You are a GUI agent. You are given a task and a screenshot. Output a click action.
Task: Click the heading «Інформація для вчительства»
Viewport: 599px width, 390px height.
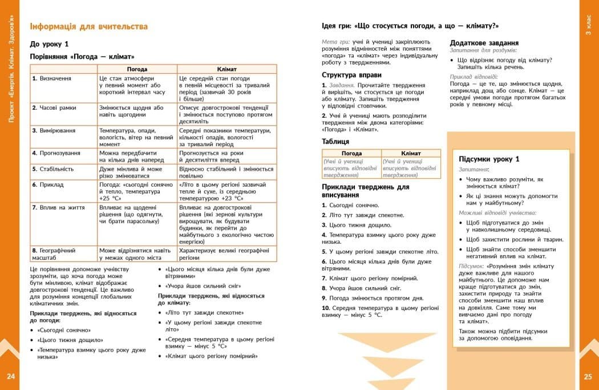click(x=88, y=26)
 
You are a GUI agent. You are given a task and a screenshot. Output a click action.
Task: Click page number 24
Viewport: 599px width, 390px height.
click(x=11, y=376)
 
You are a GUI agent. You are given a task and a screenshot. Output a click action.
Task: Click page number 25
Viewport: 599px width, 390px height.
click(x=588, y=376)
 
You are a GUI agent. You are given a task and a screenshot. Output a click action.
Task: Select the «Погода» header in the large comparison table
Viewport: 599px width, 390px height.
click(x=137, y=69)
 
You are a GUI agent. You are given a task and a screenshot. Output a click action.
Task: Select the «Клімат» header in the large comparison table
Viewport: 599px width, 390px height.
click(x=226, y=69)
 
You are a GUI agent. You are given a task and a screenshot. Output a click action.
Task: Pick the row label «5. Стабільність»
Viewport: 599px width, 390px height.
click(x=53, y=169)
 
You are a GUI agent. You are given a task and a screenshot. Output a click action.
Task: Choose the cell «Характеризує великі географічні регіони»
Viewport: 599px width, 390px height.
click(x=223, y=254)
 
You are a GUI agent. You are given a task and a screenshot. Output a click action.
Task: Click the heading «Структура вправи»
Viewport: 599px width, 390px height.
click(x=347, y=75)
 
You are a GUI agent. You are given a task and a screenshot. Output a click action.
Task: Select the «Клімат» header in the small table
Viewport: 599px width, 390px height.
click(x=411, y=153)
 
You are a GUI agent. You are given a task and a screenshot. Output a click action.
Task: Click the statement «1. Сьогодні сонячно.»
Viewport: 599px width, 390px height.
click(x=350, y=205)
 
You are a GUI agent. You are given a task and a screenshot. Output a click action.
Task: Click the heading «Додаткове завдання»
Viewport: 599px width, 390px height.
click(x=484, y=43)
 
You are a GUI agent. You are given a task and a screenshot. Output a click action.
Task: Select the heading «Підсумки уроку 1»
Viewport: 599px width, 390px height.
click(x=489, y=159)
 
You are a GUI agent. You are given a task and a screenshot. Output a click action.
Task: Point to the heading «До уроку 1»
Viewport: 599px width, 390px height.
click(x=49, y=44)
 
